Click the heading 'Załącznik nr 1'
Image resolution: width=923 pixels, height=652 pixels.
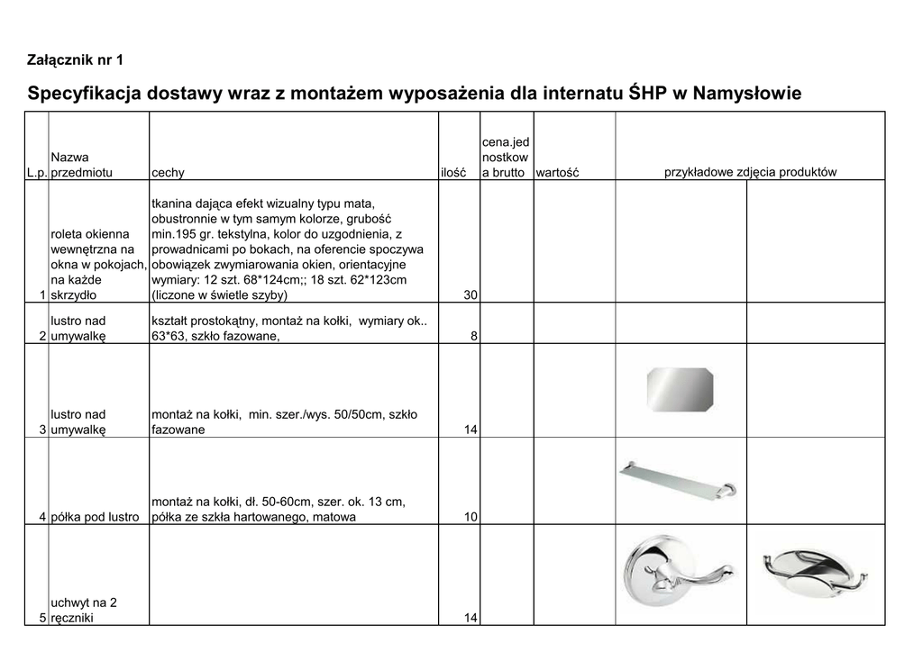pos(76,60)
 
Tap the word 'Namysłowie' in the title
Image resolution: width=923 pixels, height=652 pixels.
pos(745,94)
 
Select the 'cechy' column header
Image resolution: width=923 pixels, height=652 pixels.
pos(168,173)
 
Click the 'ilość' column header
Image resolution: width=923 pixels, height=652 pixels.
pos(452,173)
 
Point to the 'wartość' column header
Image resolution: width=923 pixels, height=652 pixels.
pos(557,173)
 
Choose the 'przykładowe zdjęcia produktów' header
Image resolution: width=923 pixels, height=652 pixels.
pos(750,172)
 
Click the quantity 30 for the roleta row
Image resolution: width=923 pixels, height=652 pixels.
pos(470,295)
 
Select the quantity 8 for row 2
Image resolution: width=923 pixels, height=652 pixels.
pos(473,337)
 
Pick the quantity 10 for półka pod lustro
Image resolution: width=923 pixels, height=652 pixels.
pos(470,518)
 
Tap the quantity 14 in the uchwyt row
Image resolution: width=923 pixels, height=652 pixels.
pos(470,619)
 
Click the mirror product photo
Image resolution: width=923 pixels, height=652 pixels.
pos(680,387)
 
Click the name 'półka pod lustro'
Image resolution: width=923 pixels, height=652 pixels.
pos(95,518)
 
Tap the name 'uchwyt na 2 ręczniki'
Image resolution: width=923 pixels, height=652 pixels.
pos(84,611)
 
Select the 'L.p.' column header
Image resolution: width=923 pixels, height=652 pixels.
pos(37,173)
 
